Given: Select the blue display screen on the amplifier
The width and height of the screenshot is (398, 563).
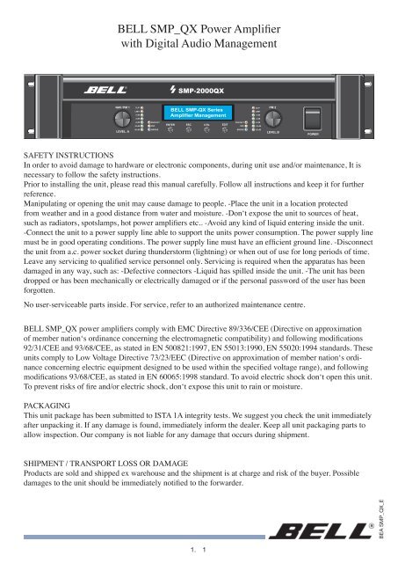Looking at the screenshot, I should pyautogui.click(x=199, y=113).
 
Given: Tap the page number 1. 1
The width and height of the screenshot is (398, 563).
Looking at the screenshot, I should pyautogui.click(x=199, y=551).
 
